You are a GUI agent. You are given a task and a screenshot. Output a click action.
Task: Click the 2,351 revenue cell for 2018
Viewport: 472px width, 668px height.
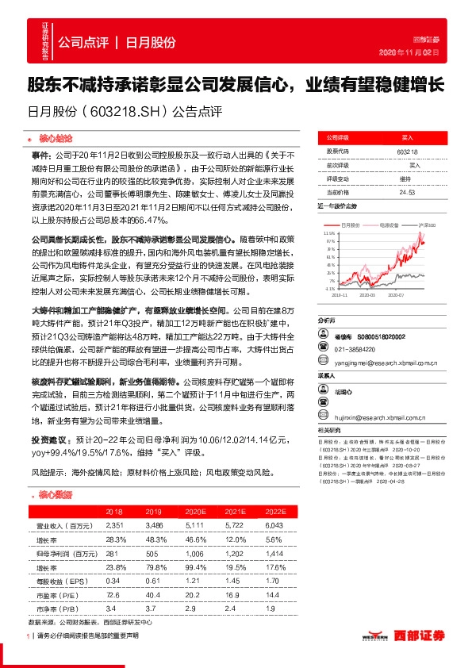point(115,525)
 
